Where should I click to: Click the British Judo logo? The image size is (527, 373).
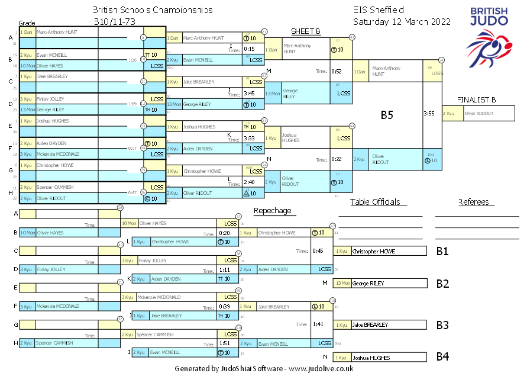coord(489,36)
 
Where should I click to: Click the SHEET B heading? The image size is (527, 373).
coord(306,31)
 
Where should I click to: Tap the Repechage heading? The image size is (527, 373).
coord(272,210)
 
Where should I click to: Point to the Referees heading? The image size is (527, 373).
coord(473,202)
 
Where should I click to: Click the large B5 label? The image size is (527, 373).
coord(387,115)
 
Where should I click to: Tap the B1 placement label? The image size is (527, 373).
coord(442,251)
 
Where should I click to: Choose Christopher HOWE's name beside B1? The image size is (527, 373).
coord(374,251)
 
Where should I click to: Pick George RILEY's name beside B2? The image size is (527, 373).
coord(368,284)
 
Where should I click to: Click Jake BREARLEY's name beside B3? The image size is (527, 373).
coord(370,325)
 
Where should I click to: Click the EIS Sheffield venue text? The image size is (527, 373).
coord(378,10)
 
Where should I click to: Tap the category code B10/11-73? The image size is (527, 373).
coord(115,21)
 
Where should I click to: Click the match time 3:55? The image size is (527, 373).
coord(429,113)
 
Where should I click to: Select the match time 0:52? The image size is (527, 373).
coord(337,71)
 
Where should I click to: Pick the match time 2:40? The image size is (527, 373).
coord(249,182)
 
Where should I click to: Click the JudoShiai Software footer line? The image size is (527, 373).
coord(264,368)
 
